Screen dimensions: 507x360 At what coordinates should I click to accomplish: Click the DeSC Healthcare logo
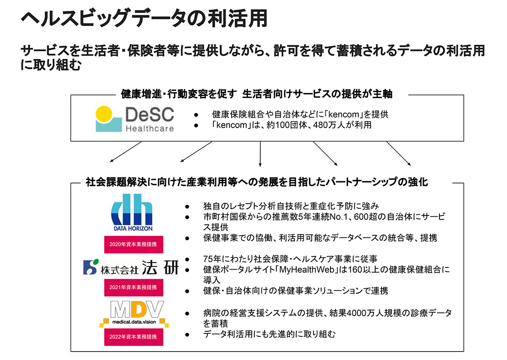click(135, 119)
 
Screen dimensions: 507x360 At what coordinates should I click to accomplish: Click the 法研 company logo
click(131, 267)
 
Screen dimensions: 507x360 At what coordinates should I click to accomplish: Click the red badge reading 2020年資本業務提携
click(134, 244)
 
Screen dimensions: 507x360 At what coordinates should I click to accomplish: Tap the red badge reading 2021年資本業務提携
click(134, 287)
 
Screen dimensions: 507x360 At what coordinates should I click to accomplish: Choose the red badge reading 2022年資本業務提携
click(134, 337)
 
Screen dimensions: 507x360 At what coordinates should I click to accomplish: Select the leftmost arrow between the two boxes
click(125, 152)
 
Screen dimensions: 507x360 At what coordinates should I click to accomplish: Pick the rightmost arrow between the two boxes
click(398, 153)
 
